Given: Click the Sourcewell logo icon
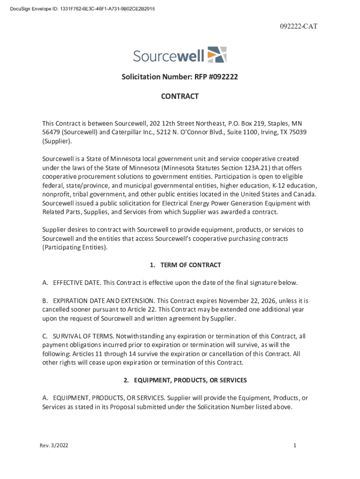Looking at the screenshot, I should pyautogui.click(x=216, y=55).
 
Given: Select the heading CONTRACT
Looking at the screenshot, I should pyautogui.click(x=180, y=96).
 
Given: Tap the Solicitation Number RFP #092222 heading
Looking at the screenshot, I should pyautogui.click(x=180, y=77).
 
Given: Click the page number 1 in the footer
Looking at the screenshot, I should pyautogui.click(x=295, y=446).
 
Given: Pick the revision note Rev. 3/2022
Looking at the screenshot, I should pyautogui.click(x=54, y=446).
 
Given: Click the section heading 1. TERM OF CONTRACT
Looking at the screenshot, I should pyautogui.click(x=185, y=265).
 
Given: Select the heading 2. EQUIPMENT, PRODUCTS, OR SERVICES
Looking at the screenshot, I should pyautogui.click(x=185, y=380).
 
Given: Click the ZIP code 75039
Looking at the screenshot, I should pyautogui.click(x=298, y=132).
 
